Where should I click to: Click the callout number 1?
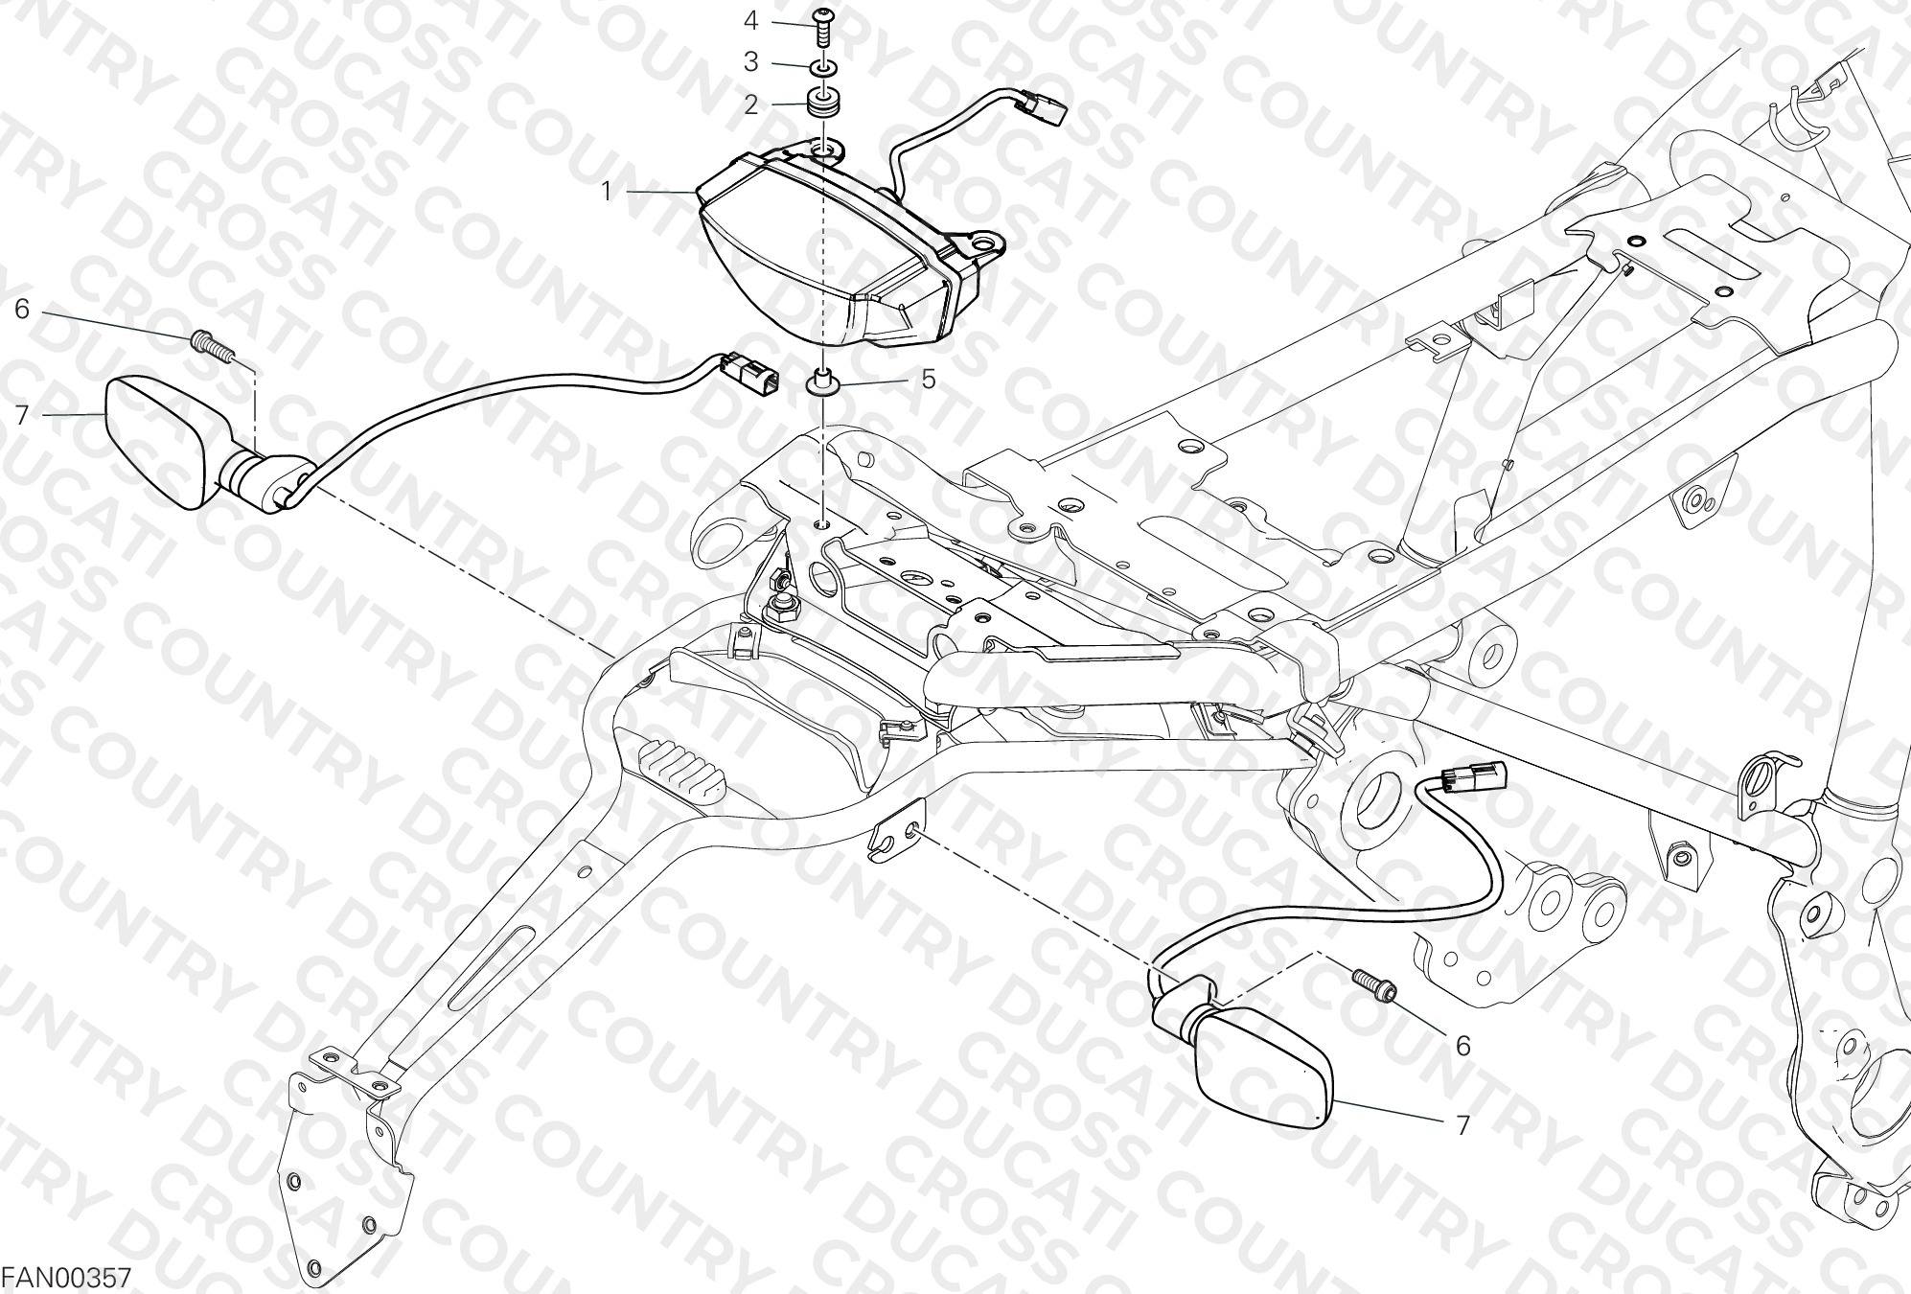(606, 192)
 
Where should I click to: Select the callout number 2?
(751, 104)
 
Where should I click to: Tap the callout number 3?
(751, 62)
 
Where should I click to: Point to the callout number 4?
(751, 20)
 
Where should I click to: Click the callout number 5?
(928, 379)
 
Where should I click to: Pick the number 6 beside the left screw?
(23, 309)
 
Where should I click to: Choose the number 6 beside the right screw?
(1462, 1046)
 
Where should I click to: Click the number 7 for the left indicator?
(23, 414)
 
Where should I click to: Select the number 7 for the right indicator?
(1462, 1124)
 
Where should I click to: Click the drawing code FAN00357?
(65, 1279)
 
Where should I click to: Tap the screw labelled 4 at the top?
(822, 26)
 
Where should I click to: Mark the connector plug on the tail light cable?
(1045, 108)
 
